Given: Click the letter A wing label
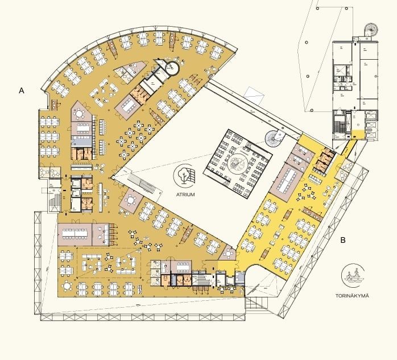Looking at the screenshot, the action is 22,90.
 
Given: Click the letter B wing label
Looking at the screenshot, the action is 343,240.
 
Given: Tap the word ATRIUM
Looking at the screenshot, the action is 185,195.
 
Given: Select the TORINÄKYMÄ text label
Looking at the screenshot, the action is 352,296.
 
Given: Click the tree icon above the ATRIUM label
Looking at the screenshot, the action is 185,175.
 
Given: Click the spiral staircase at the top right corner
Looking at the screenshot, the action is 371,30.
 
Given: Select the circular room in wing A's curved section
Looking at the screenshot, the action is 172,68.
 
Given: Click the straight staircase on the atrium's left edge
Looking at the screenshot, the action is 143,183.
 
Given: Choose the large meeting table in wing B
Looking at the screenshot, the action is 287,180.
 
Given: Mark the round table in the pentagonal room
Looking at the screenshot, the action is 80,113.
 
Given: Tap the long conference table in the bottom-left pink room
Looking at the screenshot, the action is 75,233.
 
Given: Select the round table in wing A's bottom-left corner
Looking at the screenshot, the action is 67,286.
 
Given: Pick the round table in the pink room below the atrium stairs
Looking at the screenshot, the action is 130,200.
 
